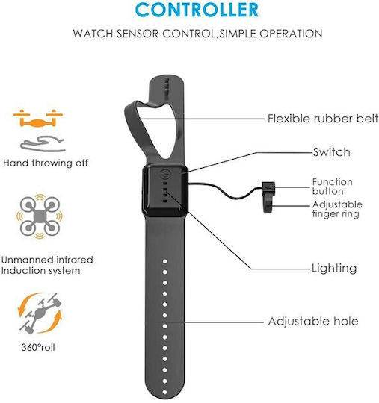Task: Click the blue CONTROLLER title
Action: tap(197, 10)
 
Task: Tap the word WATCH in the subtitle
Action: tap(93, 34)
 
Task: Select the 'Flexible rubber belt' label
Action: tap(323, 119)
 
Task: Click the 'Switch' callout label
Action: tap(332, 152)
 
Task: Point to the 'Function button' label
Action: tap(332, 187)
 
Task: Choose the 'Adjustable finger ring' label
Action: tap(337, 209)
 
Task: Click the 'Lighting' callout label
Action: tap(334, 269)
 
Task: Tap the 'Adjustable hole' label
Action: tap(313, 321)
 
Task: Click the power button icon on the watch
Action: tap(165, 175)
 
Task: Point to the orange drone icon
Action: tap(38, 119)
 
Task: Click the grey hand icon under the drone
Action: tap(43, 144)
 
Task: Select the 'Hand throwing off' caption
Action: tap(46, 163)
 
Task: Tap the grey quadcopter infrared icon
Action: tap(40, 216)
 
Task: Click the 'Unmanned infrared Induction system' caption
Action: tap(47, 265)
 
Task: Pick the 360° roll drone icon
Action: tap(40, 313)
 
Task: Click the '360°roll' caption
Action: tap(38, 348)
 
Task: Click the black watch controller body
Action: tap(165, 191)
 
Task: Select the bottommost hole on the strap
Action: tap(164, 392)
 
